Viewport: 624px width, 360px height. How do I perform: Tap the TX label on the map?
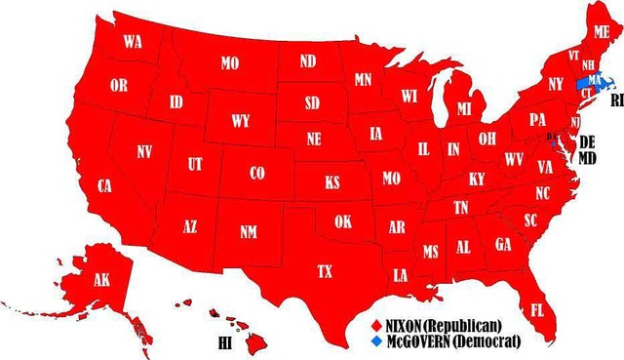pyautogui.click(x=325, y=270)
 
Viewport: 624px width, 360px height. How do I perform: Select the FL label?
pyautogui.click(x=537, y=310)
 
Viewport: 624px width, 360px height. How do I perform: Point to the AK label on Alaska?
pyautogui.click(x=101, y=280)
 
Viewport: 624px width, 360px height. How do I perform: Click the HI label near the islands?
pyautogui.click(x=224, y=343)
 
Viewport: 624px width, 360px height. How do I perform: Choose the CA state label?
pyautogui.click(x=105, y=184)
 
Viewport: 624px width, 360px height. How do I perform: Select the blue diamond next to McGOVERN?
pyautogui.click(x=377, y=341)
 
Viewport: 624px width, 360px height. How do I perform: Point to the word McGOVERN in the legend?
pyautogui.click(x=420, y=341)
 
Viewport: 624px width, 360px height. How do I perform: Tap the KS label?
pyautogui.click(x=332, y=182)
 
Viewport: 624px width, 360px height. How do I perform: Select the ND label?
pyautogui.click(x=308, y=61)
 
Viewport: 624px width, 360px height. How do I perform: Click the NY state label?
pyautogui.click(x=556, y=84)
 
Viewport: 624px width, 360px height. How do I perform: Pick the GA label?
pyautogui.click(x=503, y=244)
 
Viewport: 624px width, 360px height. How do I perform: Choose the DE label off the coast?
pyautogui.click(x=587, y=141)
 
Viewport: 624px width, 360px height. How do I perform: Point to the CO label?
pyautogui.click(x=256, y=173)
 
